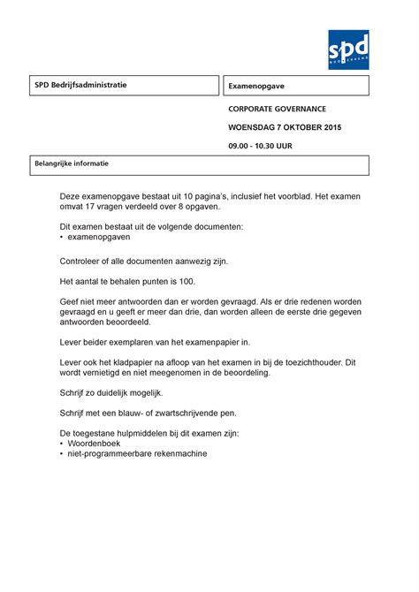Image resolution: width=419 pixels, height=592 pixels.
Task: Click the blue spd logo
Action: [x=347, y=49]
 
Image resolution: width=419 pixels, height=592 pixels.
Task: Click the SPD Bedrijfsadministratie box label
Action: [x=80, y=85]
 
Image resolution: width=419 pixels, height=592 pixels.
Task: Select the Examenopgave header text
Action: [x=256, y=87]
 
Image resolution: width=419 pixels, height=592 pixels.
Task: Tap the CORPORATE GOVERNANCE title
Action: [x=277, y=109]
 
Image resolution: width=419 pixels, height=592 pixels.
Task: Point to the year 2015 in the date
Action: [x=331, y=128]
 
